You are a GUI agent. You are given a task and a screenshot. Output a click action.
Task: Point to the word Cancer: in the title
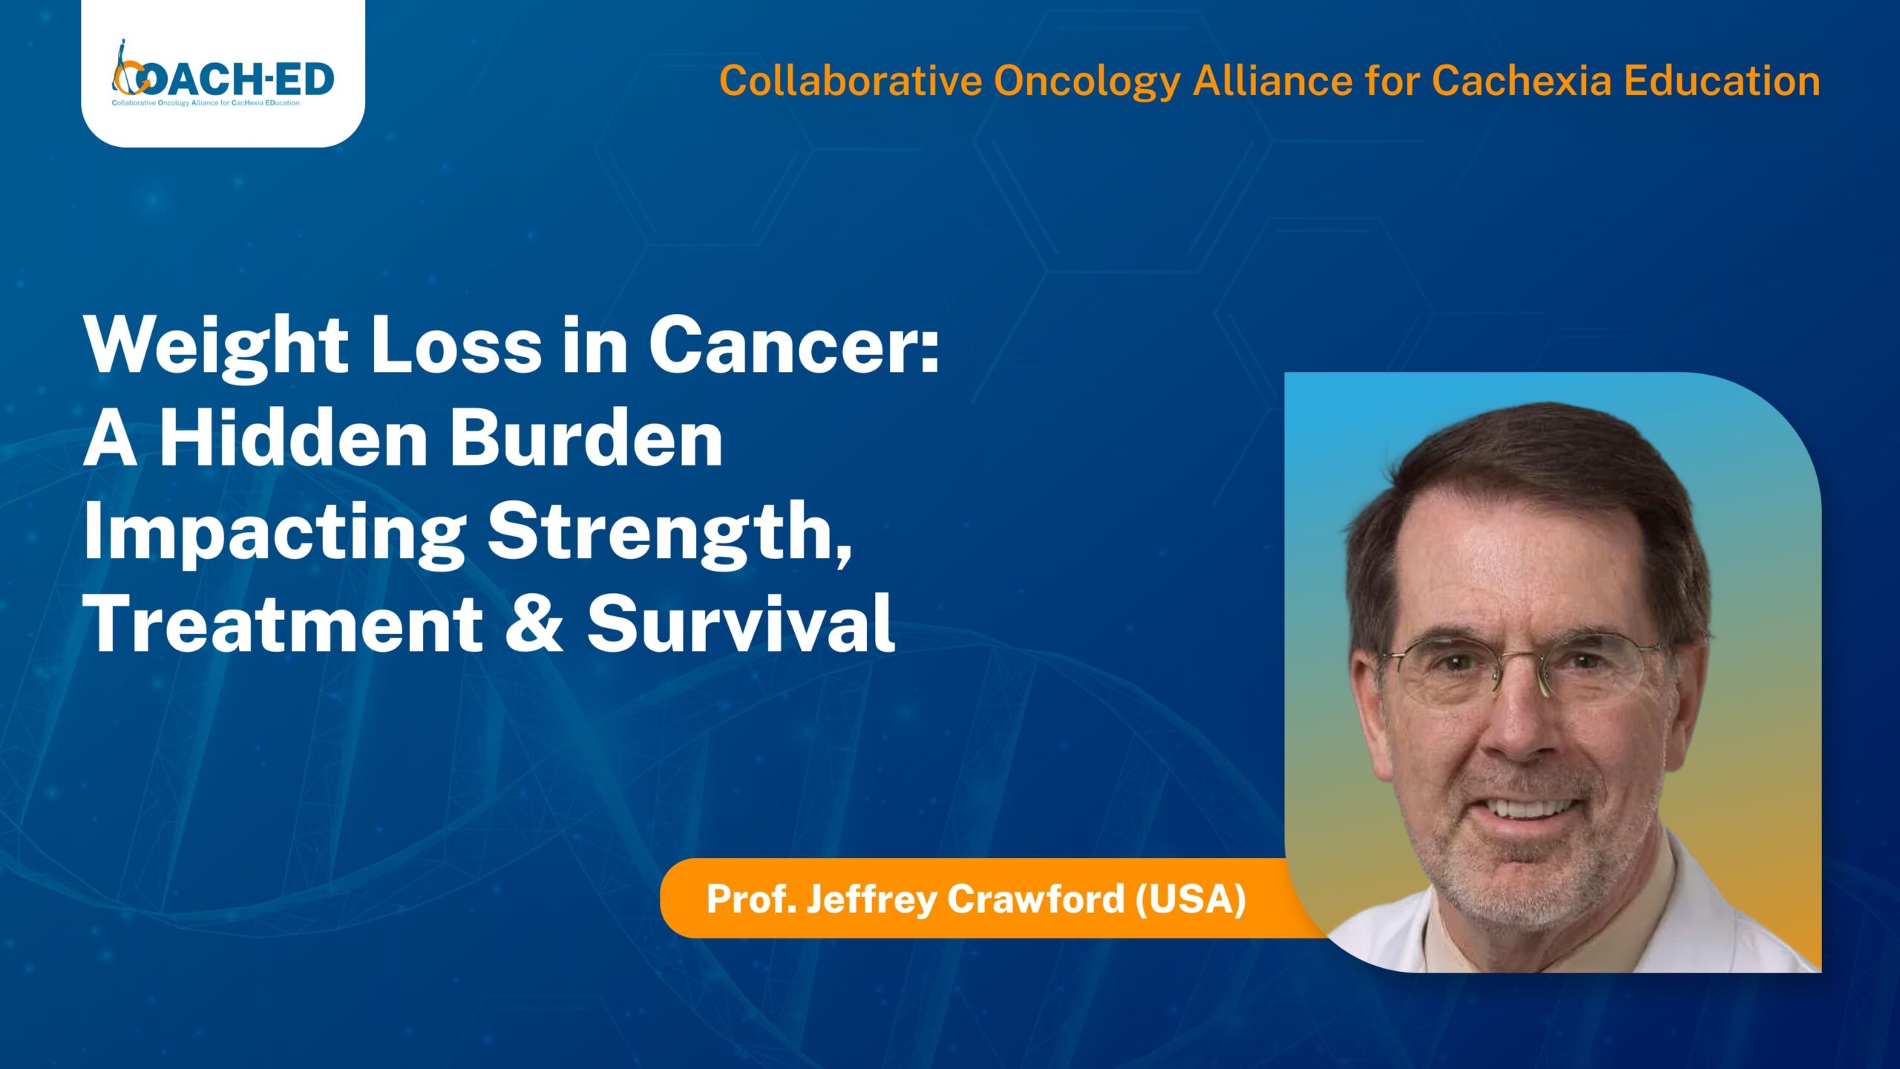click(x=795, y=346)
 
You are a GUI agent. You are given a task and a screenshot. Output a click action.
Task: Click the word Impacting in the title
click(x=275, y=534)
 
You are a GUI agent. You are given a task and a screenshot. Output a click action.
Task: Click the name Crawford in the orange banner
click(x=1036, y=898)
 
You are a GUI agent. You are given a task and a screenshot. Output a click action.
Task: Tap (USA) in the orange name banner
click(x=1190, y=899)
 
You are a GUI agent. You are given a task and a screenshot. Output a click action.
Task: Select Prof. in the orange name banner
click(x=751, y=898)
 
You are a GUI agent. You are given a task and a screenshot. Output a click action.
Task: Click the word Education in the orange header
click(x=1722, y=81)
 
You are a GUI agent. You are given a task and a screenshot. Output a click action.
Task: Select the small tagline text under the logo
click(x=206, y=103)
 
